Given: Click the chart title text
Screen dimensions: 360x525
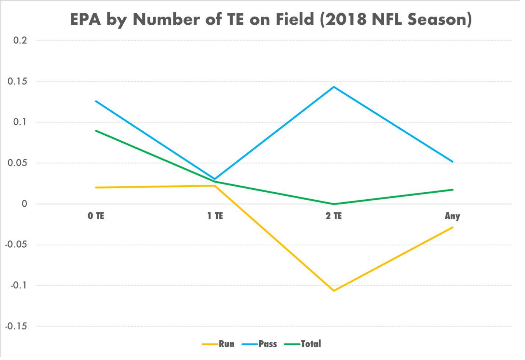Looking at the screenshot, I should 271,19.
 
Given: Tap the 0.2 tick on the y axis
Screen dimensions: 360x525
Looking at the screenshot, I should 20,41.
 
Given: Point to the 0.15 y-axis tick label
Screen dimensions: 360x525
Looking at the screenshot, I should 17,82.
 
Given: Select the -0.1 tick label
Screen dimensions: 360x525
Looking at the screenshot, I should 18,285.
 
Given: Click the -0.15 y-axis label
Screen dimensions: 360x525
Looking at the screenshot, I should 16,326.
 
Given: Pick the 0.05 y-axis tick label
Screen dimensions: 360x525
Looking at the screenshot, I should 17,163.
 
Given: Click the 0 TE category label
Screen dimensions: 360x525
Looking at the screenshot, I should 96,216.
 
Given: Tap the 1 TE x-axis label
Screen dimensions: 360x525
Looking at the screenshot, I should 215,216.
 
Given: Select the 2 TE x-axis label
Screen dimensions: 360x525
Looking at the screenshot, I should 334,216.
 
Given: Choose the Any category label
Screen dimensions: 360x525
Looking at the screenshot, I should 452,216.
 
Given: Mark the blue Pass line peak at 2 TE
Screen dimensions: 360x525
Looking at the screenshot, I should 334,87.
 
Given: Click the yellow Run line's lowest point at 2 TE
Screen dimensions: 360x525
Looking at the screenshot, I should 334,290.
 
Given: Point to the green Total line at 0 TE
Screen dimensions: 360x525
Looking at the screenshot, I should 96,130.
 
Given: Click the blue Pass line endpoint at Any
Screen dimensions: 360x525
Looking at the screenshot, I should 452,162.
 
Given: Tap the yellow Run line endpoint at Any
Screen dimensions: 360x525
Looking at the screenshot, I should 452,227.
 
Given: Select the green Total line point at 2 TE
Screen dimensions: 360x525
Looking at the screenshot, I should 334,204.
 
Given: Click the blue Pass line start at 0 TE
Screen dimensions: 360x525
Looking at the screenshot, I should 96,101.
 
